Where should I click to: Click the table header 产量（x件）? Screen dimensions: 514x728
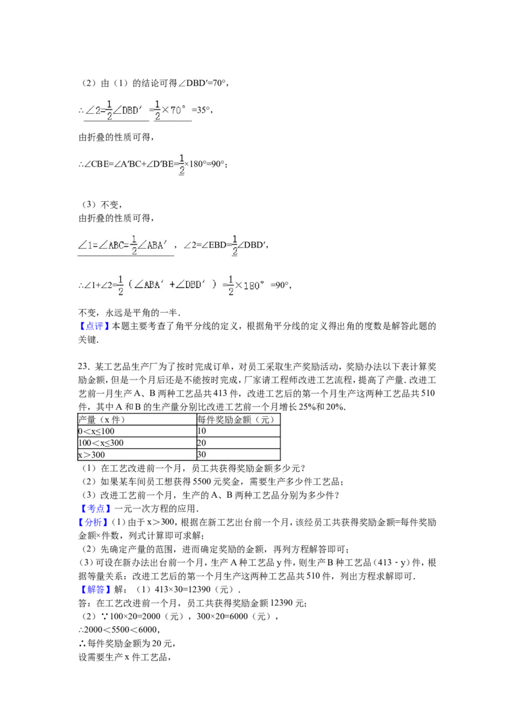tap(102, 420)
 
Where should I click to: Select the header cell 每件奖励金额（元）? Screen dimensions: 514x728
tap(236, 420)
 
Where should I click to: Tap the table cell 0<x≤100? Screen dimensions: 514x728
tap(96, 432)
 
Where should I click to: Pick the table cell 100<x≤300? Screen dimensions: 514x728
tap(101, 443)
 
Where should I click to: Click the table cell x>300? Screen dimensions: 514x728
tap(92, 455)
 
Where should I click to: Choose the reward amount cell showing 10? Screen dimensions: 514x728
tap(201, 432)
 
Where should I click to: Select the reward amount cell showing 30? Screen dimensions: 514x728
tap(201, 455)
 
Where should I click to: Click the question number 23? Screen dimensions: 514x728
tap(83, 367)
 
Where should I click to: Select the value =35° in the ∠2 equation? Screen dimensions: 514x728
tap(201, 110)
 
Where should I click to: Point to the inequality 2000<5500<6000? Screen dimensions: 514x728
tap(121, 630)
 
